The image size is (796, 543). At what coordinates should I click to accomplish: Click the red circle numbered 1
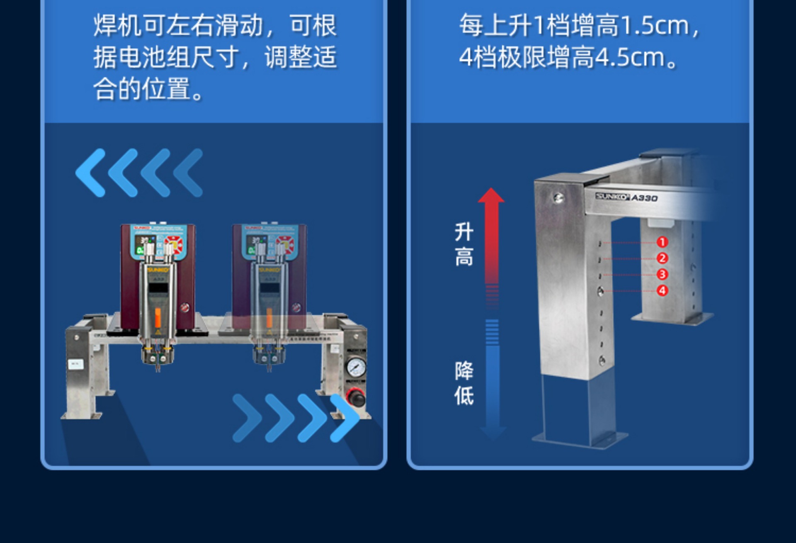662,242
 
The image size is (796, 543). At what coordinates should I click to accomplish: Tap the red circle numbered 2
662,258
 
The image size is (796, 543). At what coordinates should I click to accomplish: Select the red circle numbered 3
662,274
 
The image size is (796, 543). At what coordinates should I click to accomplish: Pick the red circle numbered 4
662,290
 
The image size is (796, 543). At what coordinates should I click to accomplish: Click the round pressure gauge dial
356,367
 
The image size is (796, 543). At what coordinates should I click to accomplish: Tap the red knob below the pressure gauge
356,396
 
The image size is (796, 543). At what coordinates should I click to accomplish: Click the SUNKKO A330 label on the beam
626,197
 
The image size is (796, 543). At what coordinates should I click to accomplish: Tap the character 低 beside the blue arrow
464,395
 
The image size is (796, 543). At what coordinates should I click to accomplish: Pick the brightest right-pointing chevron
345,417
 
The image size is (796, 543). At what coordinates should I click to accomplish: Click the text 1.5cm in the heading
655,26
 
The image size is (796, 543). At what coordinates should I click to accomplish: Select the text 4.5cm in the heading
630,57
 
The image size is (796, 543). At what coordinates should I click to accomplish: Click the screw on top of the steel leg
558,198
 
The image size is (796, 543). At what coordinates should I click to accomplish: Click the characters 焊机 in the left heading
117,26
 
